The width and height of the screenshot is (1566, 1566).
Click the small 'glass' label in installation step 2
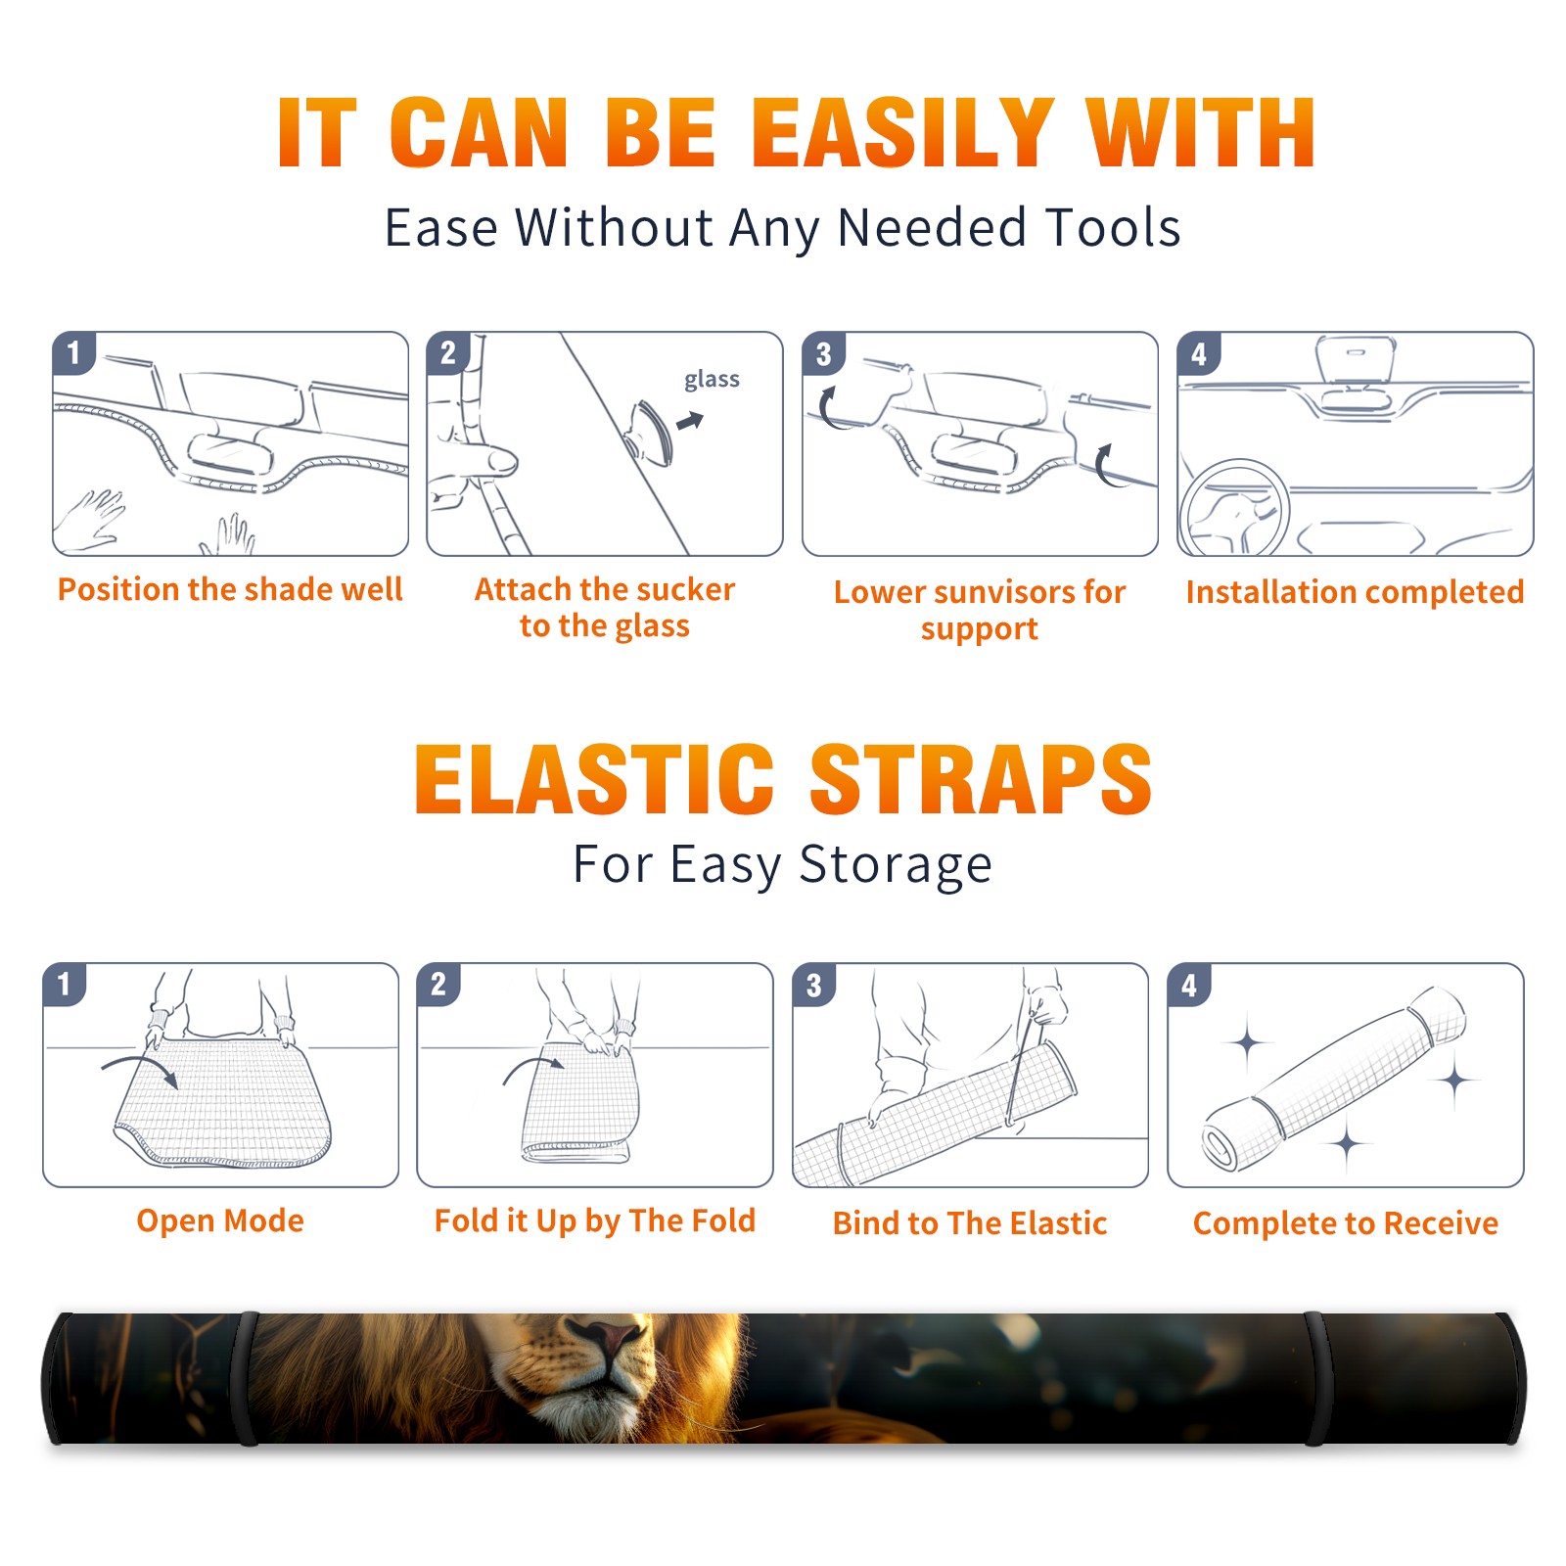[712, 380]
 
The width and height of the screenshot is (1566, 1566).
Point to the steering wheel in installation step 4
[1233, 509]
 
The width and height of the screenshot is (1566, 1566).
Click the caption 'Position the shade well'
[230, 589]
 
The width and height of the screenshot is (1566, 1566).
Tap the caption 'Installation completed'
[1355, 591]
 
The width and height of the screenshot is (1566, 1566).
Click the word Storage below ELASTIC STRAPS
[896, 865]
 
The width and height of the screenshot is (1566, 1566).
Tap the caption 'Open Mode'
[220, 1221]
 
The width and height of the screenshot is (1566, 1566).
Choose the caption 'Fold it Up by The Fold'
[595, 1221]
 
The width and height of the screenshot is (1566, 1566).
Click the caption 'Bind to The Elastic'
[970, 1223]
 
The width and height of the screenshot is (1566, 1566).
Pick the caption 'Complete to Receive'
[1346, 1223]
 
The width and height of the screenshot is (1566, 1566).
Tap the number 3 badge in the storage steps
[813, 985]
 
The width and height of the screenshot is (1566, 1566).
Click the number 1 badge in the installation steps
[73, 352]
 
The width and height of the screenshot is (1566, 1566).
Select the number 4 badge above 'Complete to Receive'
[1189, 985]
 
